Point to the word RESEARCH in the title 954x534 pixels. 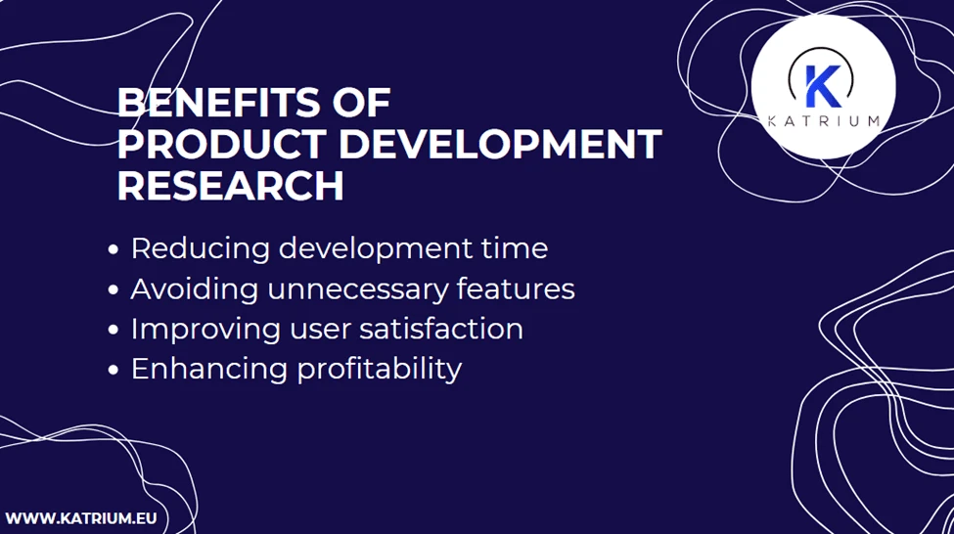point(230,186)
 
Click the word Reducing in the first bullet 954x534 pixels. point(201,249)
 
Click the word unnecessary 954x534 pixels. point(358,289)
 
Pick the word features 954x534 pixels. point(516,289)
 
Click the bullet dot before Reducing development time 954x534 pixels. point(114,250)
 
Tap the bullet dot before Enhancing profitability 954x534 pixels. point(114,371)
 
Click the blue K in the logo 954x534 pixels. point(821,85)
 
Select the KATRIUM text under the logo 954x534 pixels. point(824,121)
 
